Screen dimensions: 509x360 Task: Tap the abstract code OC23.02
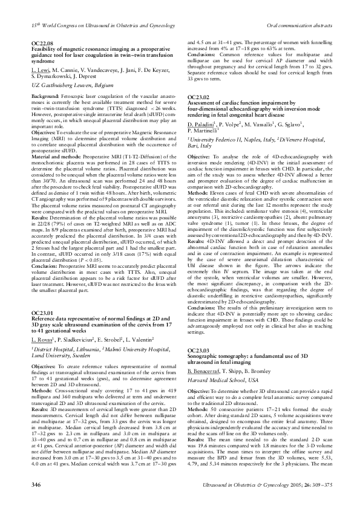pyautogui.click(x=198, y=97)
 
